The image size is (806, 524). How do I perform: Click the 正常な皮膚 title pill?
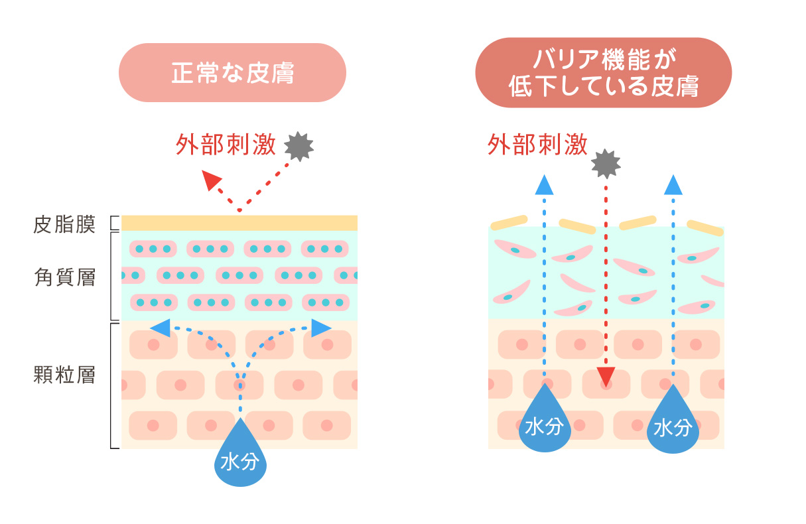click(232, 72)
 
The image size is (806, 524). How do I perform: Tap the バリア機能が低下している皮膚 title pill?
click(603, 72)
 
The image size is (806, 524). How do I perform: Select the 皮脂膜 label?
click(64, 224)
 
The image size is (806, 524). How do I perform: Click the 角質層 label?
click(64, 277)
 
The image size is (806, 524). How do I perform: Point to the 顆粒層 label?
click(64, 375)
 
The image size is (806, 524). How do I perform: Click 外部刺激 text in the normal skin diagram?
click(226, 145)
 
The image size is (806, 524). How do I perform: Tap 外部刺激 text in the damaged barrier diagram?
click(537, 144)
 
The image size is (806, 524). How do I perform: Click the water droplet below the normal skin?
click(240, 456)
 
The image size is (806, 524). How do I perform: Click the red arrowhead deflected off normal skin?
click(212, 180)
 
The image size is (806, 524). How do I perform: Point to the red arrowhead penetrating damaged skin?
click(605, 377)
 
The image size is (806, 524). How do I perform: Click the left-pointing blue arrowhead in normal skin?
click(160, 327)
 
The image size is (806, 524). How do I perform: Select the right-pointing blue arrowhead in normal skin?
click(321, 327)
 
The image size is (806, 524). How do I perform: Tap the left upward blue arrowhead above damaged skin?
click(544, 185)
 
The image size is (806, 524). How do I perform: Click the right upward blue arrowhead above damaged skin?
click(673, 185)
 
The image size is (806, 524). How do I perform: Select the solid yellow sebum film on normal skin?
click(239, 223)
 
